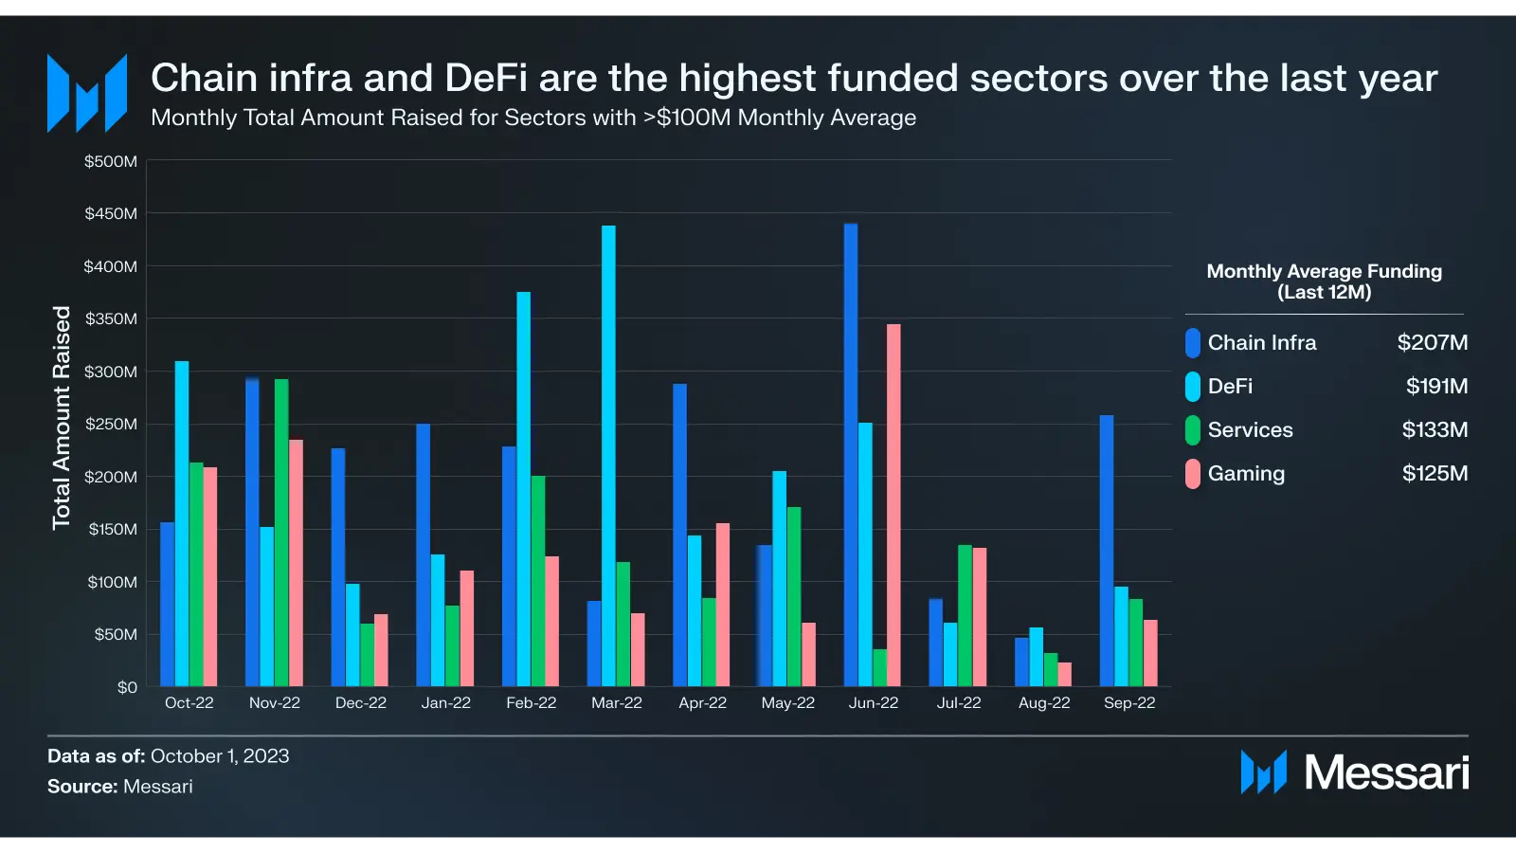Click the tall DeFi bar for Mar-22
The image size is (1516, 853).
point(608,455)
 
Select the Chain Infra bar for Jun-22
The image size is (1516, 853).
point(851,455)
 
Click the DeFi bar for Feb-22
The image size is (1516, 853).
point(523,489)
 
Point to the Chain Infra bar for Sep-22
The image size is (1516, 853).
point(1107,551)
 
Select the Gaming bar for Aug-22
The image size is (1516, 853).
point(1065,675)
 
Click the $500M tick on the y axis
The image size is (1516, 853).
point(111,162)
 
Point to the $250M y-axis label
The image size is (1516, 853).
point(111,425)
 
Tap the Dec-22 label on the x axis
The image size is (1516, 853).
point(361,703)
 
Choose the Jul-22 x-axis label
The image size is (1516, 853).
point(959,703)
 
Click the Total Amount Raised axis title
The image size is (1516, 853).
point(62,417)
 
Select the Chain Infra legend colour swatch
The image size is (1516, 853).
point(1193,343)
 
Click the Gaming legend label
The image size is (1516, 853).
point(1246,474)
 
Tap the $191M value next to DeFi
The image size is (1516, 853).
point(1436,387)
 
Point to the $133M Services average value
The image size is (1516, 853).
point(1435,430)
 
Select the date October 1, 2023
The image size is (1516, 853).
point(220,756)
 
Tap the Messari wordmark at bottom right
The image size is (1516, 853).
point(1386,773)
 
